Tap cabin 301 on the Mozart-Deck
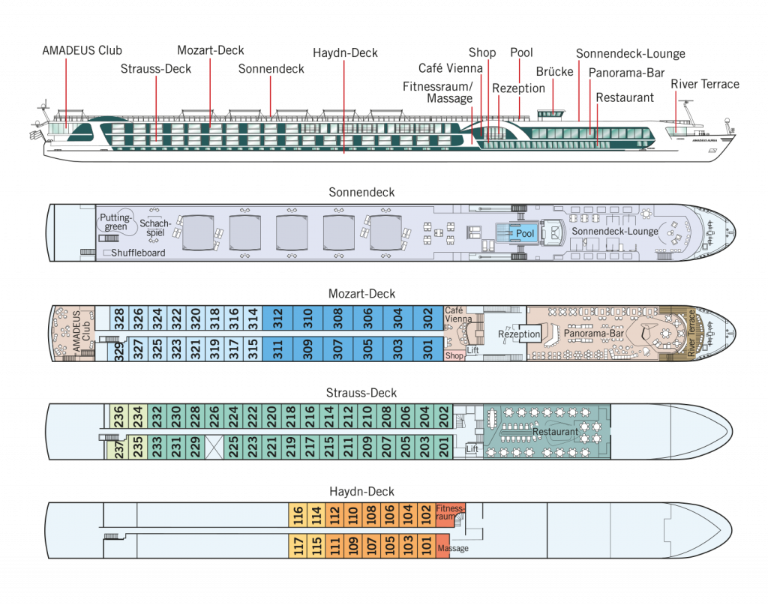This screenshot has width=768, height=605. click(428, 349)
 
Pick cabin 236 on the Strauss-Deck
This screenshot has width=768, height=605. click(118, 415)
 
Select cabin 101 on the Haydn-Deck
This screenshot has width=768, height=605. click(427, 546)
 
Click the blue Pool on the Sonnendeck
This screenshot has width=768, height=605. click(525, 233)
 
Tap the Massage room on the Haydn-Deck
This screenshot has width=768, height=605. click(453, 548)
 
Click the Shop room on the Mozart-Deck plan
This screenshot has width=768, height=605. click(454, 356)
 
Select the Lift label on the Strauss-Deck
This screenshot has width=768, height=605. click(472, 448)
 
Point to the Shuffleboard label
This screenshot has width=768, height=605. click(137, 253)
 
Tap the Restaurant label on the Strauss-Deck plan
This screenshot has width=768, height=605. click(555, 432)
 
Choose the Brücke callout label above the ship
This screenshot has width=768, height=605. click(554, 72)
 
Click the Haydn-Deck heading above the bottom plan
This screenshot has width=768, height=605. click(362, 491)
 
